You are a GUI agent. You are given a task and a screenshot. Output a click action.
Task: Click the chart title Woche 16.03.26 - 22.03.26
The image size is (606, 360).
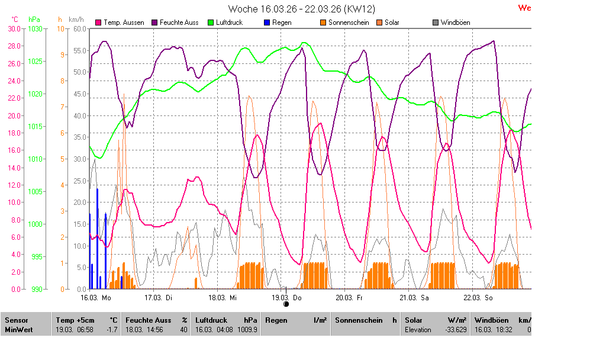pos(302,9)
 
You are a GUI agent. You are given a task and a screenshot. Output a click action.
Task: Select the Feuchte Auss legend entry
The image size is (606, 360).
pos(175,22)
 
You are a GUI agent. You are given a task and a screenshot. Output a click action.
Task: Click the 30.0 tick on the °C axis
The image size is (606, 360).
pos(14,28)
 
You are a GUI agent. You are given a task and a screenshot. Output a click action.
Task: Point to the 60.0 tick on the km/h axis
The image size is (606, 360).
pos(80,28)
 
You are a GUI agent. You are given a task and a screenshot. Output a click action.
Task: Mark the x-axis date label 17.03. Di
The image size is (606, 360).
pos(158,297)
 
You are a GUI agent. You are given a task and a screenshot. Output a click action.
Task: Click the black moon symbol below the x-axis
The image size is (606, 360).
pos(286,304)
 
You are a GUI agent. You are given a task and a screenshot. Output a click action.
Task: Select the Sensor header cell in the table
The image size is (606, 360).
pos(17,320)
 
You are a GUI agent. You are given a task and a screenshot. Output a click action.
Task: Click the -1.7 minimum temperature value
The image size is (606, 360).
pos(111,330)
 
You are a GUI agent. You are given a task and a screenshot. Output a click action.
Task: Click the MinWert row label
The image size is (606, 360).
pos(18,330)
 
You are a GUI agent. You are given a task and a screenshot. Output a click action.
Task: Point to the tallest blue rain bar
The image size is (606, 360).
pos(97,237)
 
